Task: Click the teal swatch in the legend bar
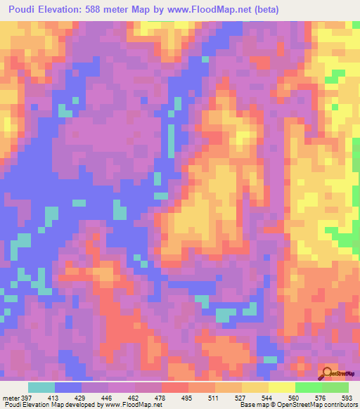pos(41,387)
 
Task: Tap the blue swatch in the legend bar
pos(68,387)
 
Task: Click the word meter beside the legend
pos(11,398)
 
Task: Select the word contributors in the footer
pos(337,405)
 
